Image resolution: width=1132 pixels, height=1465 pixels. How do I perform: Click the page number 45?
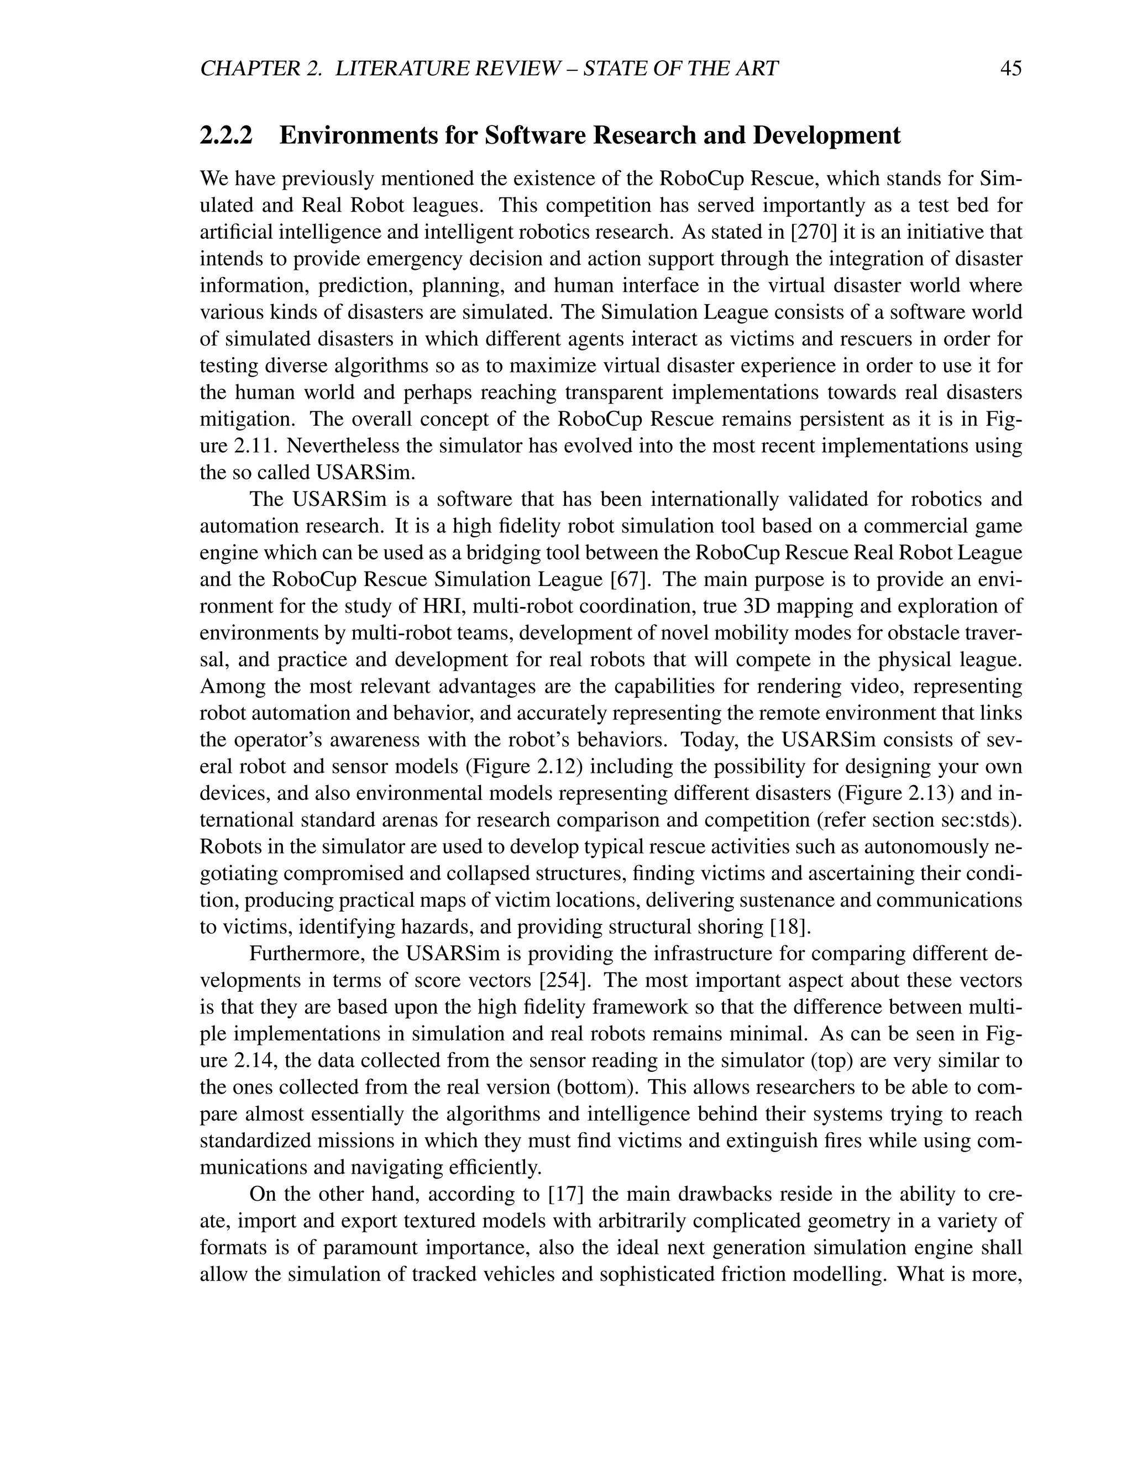point(1010,69)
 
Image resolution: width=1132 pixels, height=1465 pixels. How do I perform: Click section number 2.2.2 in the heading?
point(227,135)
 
